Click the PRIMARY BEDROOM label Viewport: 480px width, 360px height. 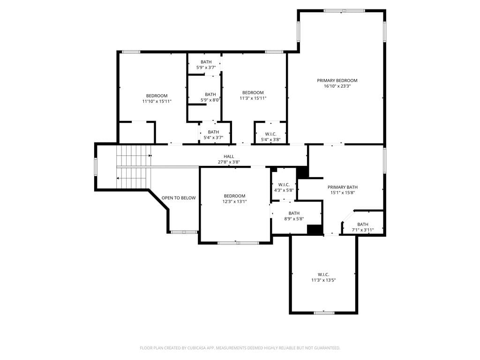[337, 81]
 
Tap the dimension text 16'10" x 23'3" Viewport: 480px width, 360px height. [337, 86]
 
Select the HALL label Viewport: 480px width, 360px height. [229, 157]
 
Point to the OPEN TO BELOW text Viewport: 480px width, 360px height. [179, 198]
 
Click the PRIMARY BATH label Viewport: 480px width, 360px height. [343, 187]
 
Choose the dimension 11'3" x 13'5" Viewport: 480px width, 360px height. [323, 280]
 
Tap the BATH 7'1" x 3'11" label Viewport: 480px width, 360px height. [363, 227]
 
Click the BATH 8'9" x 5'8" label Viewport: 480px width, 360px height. [294, 216]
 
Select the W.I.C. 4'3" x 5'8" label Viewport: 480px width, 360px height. [284, 187]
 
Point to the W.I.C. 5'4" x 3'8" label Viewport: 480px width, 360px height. [270, 137]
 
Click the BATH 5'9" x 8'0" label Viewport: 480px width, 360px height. [210, 97]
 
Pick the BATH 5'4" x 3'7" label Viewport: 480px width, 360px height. [213, 135]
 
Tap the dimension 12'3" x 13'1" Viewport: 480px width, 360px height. [234, 202]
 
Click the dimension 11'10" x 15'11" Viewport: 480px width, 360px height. [157, 101]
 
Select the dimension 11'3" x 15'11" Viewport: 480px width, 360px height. [253, 98]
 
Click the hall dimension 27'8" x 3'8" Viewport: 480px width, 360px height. [229, 162]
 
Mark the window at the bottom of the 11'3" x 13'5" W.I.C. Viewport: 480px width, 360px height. [324, 313]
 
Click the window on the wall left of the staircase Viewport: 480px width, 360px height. [96, 167]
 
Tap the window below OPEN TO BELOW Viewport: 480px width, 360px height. [184, 232]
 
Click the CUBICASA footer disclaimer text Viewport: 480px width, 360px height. [240, 348]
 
